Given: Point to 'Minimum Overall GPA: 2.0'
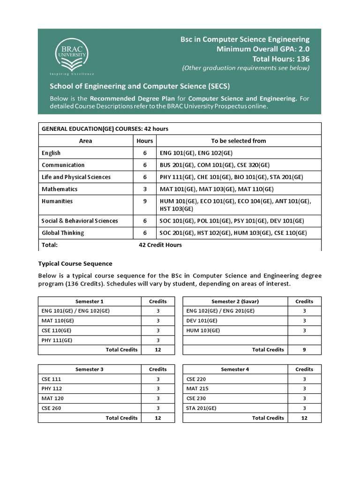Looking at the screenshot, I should pyautogui.click(x=262, y=49).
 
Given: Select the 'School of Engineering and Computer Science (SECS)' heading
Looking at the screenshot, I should pyautogui.click(x=140, y=86).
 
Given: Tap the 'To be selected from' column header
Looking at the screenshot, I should pyautogui.click(x=238, y=141).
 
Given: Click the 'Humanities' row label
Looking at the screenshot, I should pyautogui.click(x=57, y=201).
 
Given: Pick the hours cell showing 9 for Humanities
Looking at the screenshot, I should pyautogui.click(x=145, y=201).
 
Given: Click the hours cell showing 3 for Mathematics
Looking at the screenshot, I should pyautogui.click(x=145, y=189).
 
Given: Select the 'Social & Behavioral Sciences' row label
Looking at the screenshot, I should pyautogui.click(x=80, y=221).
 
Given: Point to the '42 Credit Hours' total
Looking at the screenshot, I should pyautogui.click(x=160, y=245).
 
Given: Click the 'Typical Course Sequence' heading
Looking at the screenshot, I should pyautogui.click(x=75, y=263).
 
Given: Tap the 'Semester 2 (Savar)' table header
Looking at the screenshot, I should pyautogui.click(x=235, y=301).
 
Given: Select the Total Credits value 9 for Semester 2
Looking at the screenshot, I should pyautogui.click(x=304, y=350).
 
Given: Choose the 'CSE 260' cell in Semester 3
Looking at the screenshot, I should pyautogui.click(x=52, y=408).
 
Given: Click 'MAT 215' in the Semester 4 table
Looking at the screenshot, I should pyautogui.click(x=197, y=389).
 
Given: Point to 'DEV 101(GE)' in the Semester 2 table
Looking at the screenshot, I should pyautogui.click(x=202, y=321).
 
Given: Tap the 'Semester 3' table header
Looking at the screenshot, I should pyautogui.click(x=90, y=369).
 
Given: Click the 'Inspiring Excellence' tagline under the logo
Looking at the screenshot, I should pyautogui.click(x=72, y=74).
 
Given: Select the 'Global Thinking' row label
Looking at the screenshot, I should pyautogui.click(x=63, y=233).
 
